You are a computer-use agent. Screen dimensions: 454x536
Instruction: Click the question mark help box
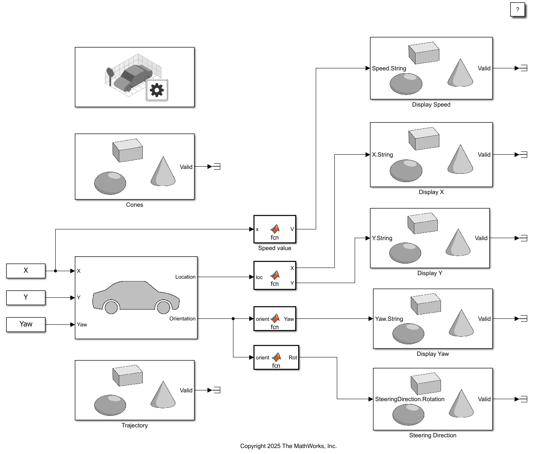(517, 10)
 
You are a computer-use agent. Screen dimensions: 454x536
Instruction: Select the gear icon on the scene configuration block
(157, 90)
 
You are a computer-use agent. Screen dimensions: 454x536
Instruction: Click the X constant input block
(26, 271)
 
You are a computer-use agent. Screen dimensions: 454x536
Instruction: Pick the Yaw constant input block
(26, 324)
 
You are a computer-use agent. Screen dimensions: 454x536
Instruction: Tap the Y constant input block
(26, 297)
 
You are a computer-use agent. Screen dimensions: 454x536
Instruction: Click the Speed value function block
(275, 229)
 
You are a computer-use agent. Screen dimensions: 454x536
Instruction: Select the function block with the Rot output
(276, 357)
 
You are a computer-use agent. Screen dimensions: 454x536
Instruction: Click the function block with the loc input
(275, 276)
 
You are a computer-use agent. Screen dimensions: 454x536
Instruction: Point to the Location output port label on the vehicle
(185, 277)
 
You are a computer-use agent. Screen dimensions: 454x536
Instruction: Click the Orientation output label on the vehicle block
(183, 319)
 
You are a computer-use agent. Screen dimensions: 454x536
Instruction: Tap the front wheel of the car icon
(163, 307)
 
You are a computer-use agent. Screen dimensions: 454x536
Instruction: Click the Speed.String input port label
(389, 68)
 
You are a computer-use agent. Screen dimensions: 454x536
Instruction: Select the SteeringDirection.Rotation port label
(410, 399)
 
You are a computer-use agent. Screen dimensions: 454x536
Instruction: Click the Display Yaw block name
(433, 354)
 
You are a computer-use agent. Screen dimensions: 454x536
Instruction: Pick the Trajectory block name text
(134, 425)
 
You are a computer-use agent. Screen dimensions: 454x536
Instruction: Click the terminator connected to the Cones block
(217, 167)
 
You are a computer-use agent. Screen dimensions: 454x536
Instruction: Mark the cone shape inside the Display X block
(460, 160)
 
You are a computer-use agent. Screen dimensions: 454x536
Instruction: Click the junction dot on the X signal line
(55, 271)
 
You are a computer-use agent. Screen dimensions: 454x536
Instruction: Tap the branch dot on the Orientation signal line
(233, 318)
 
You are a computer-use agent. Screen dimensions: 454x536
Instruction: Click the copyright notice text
(288, 446)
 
